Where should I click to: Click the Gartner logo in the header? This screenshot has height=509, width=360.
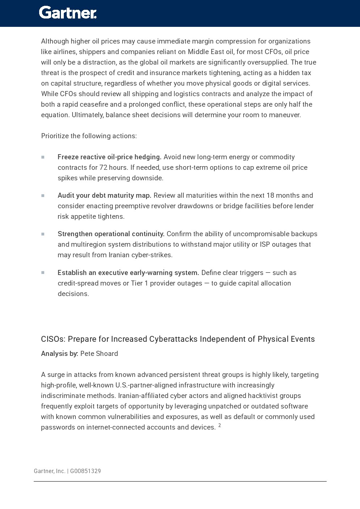[x=68, y=13]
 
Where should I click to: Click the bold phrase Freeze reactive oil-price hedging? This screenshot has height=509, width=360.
[x=109, y=157]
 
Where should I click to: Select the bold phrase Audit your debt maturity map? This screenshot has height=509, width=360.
[x=104, y=196]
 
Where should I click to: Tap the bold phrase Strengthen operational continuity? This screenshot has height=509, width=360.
[x=111, y=234]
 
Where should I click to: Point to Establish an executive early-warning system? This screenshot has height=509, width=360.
[x=128, y=273]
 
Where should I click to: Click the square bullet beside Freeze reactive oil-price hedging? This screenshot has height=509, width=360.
[x=43, y=157]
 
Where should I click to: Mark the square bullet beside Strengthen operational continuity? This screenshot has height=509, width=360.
[x=43, y=234]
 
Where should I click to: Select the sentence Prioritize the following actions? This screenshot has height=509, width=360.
[x=89, y=136]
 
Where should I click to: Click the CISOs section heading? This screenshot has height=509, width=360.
[x=178, y=339]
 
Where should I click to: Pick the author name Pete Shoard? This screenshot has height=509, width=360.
[x=99, y=354]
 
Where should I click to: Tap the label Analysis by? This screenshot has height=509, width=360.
[x=59, y=354]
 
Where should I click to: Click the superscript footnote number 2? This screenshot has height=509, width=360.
[x=220, y=425]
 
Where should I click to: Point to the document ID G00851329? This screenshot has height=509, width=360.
[x=86, y=471]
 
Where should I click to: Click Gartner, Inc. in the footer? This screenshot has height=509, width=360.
[x=49, y=471]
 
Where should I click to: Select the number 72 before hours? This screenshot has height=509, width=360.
[x=103, y=168]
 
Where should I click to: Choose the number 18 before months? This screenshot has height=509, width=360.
[x=270, y=196]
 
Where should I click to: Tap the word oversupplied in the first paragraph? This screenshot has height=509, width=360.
[x=269, y=62]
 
